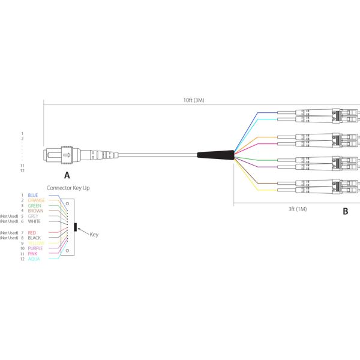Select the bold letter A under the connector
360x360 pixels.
pyautogui.click(x=67, y=175)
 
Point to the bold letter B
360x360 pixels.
pyautogui.click(x=345, y=211)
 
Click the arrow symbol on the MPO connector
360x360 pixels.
pyautogui.click(x=67, y=156)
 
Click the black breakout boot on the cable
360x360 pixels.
pyautogui.click(x=216, y=155)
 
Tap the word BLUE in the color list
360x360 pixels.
pyautogui.click(x=33, y=195)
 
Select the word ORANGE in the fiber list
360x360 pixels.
pyautogui.click(x=37, y=200)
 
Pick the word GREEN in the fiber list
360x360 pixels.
pyautogui.click(x=35, y=206)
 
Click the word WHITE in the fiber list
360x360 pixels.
pyautogui.click(x=35, y=221)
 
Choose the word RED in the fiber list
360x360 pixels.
pyautogui.click(x=32, y=232)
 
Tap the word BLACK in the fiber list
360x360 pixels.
pyautogui.click(x=34, y=238)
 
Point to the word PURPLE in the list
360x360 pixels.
pyautogui.click(x=35, y=248)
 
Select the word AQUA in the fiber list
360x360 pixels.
pyautogui.click(x=34, y=259)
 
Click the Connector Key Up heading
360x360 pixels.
pyautogui.click(x=68, y=187)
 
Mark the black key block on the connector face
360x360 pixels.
pyautogui.click(x=75, y=227)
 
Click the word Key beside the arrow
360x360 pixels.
pyautogui.click(x=94, y=235)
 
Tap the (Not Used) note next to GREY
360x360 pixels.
pyautogui.click(x=10, y=216)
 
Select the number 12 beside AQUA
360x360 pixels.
pyautogui.click(x=22, y=259)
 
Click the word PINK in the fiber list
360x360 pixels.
pyautogui.click(x=33, y=253)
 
